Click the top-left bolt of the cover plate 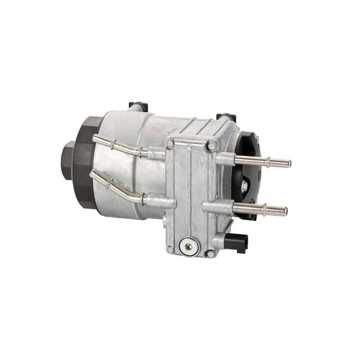(171, 144)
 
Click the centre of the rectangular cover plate (191, 196)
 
